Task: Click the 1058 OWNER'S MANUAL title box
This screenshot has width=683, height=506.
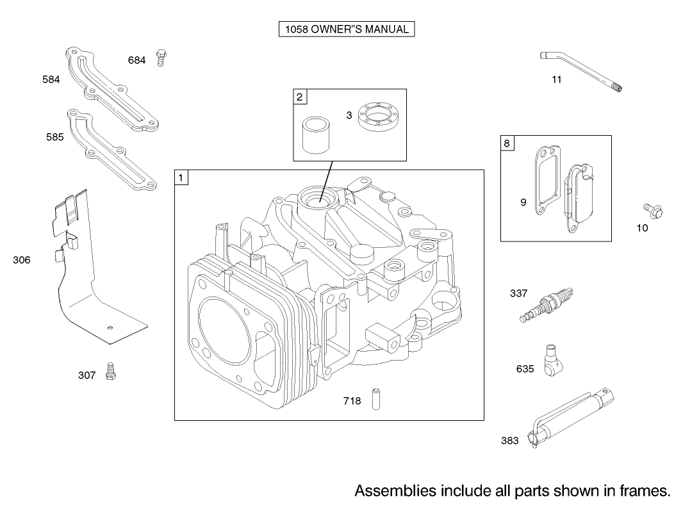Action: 347,29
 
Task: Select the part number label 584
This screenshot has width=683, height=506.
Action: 51,79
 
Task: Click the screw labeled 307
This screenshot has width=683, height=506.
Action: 111,371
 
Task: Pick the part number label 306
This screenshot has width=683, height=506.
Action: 22,260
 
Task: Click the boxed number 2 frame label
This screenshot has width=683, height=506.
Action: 300,97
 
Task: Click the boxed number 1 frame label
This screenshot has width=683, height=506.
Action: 181,177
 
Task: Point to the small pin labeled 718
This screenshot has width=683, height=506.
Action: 376,400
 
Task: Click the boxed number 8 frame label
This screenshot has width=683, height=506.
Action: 507,143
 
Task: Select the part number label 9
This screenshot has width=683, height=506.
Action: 523,202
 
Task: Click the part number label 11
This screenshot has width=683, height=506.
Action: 557,79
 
